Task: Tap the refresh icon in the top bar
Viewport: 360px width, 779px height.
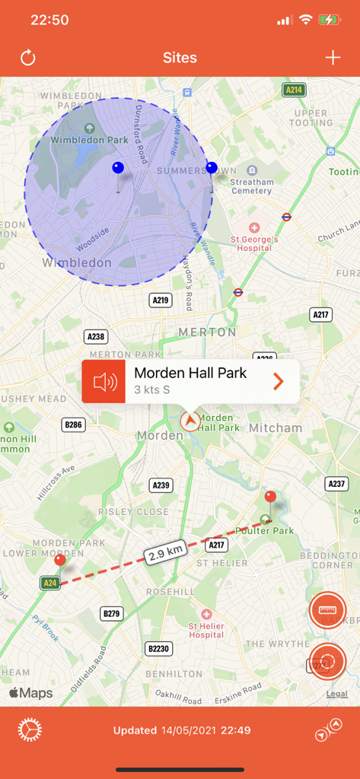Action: point(28,58)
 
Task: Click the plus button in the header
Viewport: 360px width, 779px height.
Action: point(333,58)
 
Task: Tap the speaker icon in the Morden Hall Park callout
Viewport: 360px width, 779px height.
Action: point(104,381)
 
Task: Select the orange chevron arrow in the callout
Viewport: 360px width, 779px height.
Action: point(278,381)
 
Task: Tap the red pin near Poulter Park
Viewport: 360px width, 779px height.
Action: point(270,498)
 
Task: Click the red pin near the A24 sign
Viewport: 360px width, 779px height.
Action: point(60,561)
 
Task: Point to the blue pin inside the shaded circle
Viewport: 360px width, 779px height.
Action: point(117,168)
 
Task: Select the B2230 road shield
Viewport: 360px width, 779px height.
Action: point(159,648)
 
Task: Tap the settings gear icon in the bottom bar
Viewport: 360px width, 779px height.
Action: point(29,730)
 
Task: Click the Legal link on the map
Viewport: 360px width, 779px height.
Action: point(336,694)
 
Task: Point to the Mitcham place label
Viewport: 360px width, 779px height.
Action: point(276,428)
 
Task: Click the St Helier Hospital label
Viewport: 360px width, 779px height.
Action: point(206,630)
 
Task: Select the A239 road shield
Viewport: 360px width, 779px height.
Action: point(161,485)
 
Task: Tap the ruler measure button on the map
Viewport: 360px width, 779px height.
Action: point(328,610)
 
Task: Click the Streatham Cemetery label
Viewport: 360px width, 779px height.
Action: point(251,186)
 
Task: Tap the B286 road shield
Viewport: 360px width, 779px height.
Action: point(73,424)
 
